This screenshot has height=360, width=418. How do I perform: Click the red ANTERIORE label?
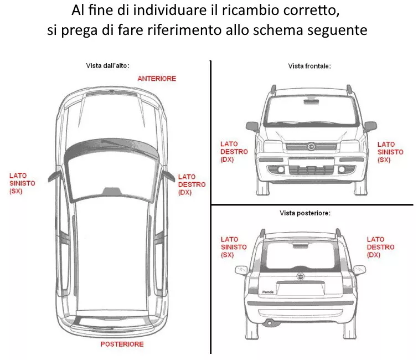coord(157,79)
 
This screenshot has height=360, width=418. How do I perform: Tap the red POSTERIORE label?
coord(122,344)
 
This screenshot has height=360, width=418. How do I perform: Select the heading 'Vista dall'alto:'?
coord(107,66)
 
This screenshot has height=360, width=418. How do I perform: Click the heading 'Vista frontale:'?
coord(309,66)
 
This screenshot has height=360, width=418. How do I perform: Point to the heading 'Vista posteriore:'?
coord(305,213)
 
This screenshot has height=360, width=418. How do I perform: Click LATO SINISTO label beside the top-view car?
coord(22,183)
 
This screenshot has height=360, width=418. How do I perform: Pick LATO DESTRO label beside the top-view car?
coord(192,184)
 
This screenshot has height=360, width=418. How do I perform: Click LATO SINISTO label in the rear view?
coord(234,247)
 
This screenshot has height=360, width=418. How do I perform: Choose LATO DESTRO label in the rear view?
coord(381,247)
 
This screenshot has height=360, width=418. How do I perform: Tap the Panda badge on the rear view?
coord(268,291)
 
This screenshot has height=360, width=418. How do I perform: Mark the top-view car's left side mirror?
coord(54,175)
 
